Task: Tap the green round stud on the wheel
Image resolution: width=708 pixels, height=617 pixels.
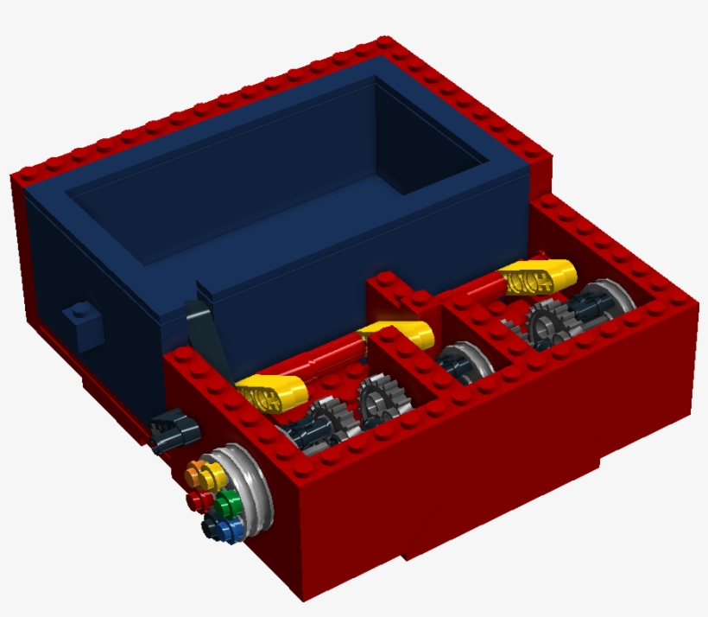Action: [230, 502]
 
